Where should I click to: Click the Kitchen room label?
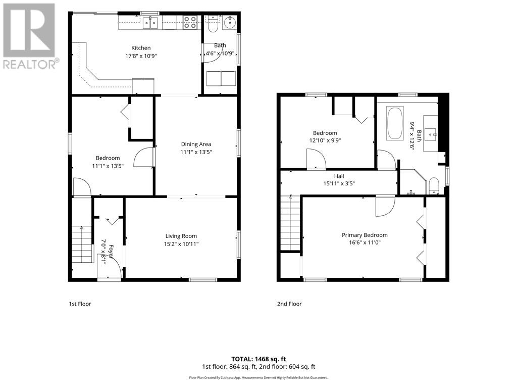141,48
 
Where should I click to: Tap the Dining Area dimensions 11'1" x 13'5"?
196,152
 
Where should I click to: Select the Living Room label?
181,236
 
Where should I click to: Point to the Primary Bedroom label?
365,235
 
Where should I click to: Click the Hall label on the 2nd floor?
339,176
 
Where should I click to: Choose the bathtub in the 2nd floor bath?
395,123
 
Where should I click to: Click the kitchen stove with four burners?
190,22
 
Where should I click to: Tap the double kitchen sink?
150,22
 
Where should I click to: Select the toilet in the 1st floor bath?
213,25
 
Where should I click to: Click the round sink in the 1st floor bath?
229,23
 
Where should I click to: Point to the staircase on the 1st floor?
82,244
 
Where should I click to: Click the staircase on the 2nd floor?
290,223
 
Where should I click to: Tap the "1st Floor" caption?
80,304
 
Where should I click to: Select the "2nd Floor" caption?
289,304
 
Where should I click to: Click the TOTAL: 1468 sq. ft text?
258,359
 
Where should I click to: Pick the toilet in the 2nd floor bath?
434,186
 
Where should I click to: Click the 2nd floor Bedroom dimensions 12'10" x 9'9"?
325,140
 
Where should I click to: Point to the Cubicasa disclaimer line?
258,377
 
